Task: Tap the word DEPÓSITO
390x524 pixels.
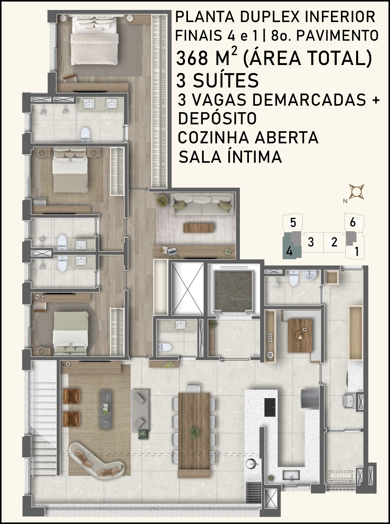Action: click(x=217, y=118)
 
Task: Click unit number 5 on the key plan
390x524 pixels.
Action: click(x=293, y=222)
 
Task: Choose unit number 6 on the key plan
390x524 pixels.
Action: click(x=352, y=222)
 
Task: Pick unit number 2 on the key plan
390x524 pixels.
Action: click(x=334, y=242)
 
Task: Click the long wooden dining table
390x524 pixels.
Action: click(x=194, y=428)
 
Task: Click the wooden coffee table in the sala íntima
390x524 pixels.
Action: click(x=199, y=227)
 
